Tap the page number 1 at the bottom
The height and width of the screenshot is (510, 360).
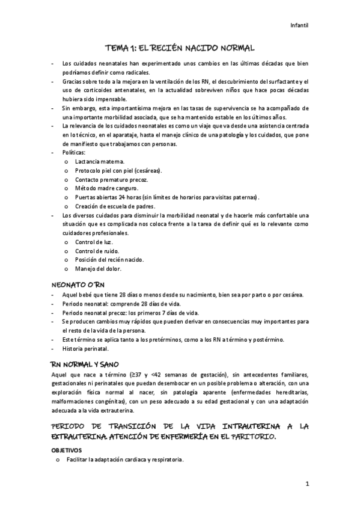pyautogui.click(x=307, y=484)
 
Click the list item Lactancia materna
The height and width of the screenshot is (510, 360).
pyautogui.click(x=100, y=162)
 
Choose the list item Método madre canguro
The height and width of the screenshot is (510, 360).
pyautogui.click(x=107, y=188)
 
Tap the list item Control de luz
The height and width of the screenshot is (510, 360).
pyautogui.click(x=93, y=242)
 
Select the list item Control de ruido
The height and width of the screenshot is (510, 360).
pyautogui.click(x=97, y=251)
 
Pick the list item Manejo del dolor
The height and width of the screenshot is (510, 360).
pyautogui.click(x=98, y=268)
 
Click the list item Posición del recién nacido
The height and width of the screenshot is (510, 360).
pyautogui.click(x=109, y=259)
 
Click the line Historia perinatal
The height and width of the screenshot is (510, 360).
pyautogui.click(x=85, y=348)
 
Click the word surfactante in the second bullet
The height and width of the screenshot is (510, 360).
pyautogui.click(x=282, y=81)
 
